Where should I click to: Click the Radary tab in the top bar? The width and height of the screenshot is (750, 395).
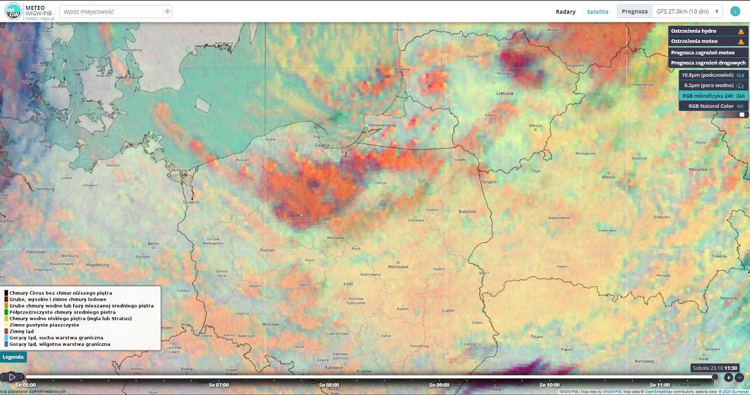click(565, 12)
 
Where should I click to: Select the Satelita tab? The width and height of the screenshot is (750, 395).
click(597, 12)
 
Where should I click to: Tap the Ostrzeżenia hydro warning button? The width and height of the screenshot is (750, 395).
click(707, 31)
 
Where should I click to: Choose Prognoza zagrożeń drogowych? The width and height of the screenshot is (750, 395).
click(707, 63)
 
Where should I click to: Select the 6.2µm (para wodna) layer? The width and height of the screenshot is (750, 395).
click(713, 86)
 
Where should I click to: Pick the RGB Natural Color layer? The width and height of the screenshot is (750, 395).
click(713, 106)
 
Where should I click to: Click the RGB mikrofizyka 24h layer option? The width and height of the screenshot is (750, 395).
click(713, 96)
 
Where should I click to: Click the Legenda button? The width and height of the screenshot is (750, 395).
click(13, 357)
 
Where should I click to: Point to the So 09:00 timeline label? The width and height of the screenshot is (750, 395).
click(439, 385)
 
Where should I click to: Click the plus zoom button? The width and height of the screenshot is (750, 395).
click(728, 378)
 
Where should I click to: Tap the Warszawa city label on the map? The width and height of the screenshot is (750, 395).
click(398, 267)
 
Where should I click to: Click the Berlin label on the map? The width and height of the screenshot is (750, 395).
click(154, 243)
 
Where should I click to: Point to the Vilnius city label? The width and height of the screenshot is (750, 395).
click(536, 125)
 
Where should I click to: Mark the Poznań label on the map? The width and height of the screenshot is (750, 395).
click(267, 250)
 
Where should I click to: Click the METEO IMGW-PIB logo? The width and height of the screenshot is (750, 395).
click(28, 12)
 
